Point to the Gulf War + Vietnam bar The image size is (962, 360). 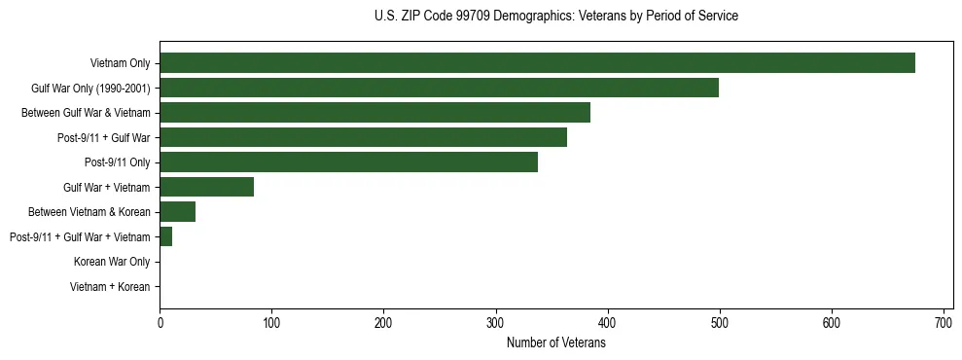(206, 187)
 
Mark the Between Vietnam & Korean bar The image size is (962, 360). (177, 212)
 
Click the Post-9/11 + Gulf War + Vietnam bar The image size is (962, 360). (165, 236)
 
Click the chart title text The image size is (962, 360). (555, 17)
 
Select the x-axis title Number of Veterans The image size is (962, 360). (555, 343)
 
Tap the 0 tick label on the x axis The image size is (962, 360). (160, 323)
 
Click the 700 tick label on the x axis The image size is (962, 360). (943, 323)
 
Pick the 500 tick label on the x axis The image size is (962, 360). (719, 323)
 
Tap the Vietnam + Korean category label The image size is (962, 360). (109, 287)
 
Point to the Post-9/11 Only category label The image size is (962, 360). (117, 162)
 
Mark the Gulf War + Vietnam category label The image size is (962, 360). (106, 188)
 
